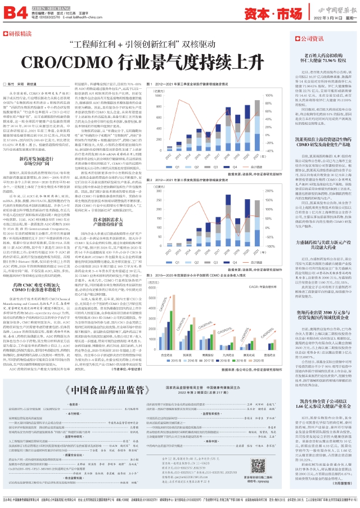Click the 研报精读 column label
[20, 34]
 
